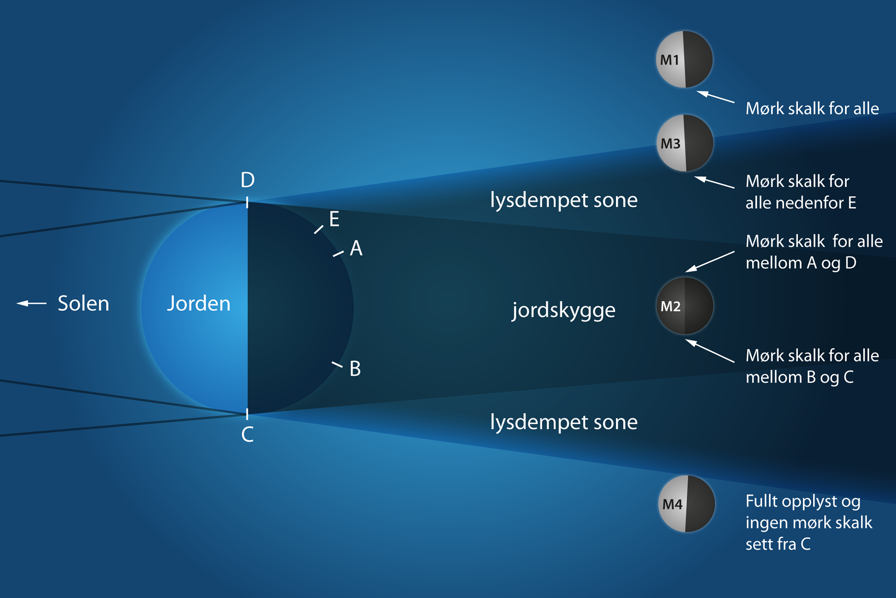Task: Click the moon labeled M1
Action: pyautogui.click(x=684, y=59)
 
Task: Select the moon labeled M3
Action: pyautogui.click(x=685, y=143)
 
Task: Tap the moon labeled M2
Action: pyautogui.click(x=685, y=306)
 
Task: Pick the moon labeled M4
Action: pyautogui.click(x=686, y=504)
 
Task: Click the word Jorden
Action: pyautogui.click(x=198, y=303)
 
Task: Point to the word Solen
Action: pyautogui.click(x=83, y=303)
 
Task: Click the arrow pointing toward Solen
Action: pyautogui.click(x=31, y=303)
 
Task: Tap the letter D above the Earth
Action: pyautogui.click(x=247, y=180)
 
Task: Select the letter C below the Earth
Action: pyautogui.click(x=247, y=435)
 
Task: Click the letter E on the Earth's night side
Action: pyautogui.click(x=334, y=219)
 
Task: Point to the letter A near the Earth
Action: pyautogui.click(x=356, y=248)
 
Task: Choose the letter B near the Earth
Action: pyautogui.click(x=355, y=369)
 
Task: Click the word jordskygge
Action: pyautogui.click(x=564, y=310)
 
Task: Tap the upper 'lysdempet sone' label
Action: pyautogui.click(x=564, y=200)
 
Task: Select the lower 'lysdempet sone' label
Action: pyautogui.click(x=564, y=422)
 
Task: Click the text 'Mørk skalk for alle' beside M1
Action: pyautogui.click(x=812, y=109)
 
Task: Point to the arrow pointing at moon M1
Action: pyautogui.click(x=715, y=97)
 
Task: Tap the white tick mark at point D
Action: pyautogui.click(x=247, y=202)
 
